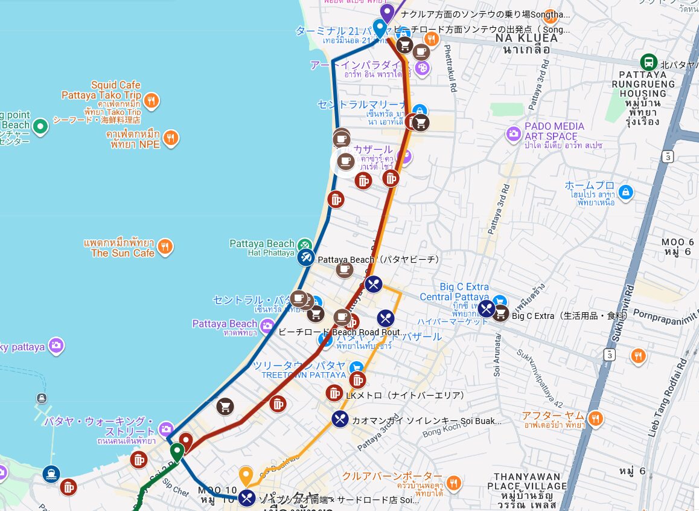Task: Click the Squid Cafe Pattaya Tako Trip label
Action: click(x=101, y=90)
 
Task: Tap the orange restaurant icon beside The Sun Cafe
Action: click(x=165, y=246)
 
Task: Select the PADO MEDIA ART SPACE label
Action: click(x=555, y=131)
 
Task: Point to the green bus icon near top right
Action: click(x=648, y=62)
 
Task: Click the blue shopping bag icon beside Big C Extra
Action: click(x=499, y=301)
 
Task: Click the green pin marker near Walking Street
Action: click(x=176, y=452)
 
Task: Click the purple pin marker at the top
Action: click(x=386, y=12)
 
